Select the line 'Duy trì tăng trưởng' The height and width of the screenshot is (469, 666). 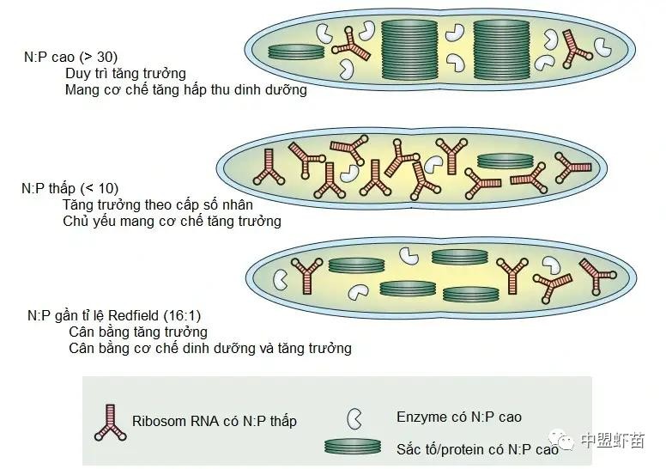(x=125, y=73)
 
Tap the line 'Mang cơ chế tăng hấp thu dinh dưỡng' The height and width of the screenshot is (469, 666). (x=185, y=89)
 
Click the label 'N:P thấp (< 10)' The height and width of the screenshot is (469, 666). (x=70, y=188)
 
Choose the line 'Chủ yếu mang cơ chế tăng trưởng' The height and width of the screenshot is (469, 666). (x=172, y=221)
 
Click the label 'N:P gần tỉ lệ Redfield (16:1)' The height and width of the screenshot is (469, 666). (x=114, y=315)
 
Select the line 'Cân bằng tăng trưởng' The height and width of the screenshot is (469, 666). (x=137, y=332)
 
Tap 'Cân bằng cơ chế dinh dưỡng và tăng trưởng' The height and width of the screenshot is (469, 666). (x=209, y=348)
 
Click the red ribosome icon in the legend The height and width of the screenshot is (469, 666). (x=112, y=422)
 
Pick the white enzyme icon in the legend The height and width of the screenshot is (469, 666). (x=353, y=418)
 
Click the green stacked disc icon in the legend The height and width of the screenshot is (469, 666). (x=353, y=447)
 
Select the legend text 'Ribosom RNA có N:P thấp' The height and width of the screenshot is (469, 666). (x=215, y=422)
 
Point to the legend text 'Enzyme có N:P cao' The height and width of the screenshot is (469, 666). (x=458, y=417)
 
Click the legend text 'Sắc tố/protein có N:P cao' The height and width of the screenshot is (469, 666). (x=477, y=448)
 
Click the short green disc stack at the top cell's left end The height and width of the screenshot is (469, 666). (x=296, y=52)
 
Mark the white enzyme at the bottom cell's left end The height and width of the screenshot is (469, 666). (x=281, y=279)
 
